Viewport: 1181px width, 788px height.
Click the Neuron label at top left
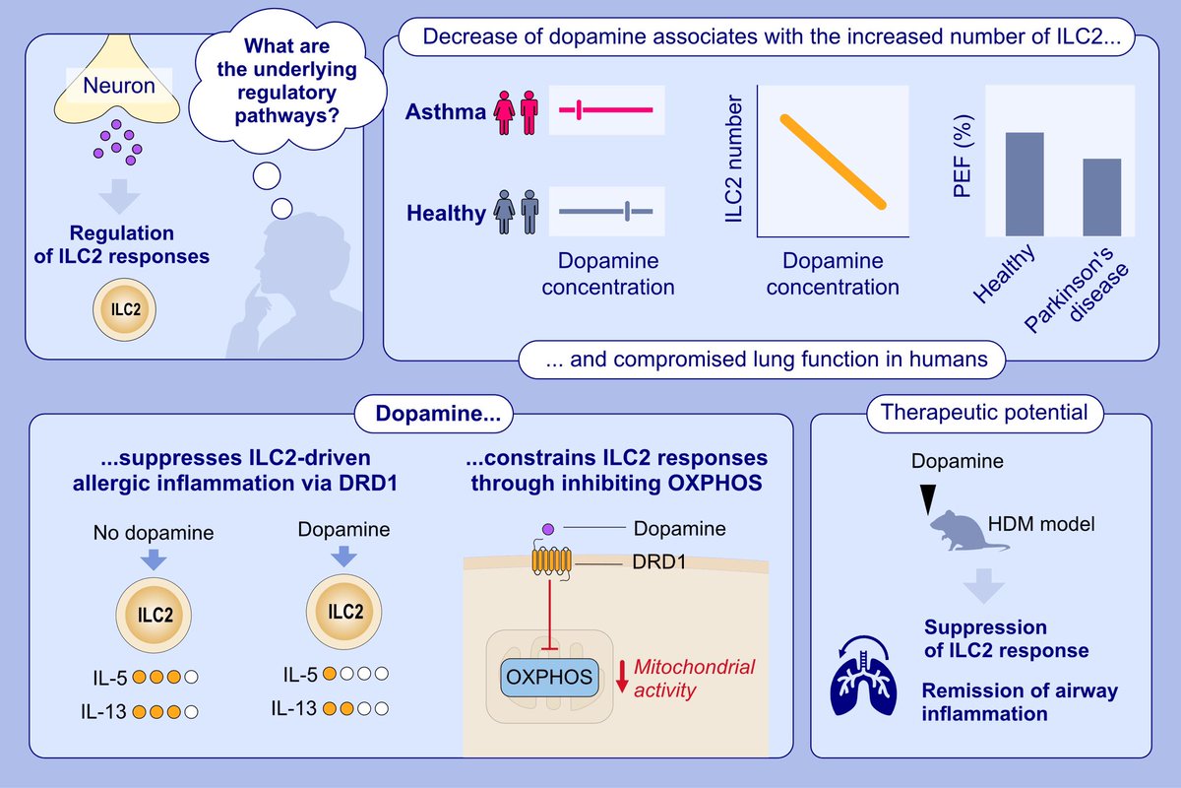tap(119, 87)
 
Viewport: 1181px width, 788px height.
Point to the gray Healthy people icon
tap(517, 211)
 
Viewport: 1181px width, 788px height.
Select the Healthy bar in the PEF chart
tap(1024, 184)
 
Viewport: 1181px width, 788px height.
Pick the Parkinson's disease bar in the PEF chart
tap(1101, 197)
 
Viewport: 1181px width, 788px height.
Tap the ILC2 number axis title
tap(733, 163)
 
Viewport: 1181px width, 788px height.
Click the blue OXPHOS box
tap(547, 678)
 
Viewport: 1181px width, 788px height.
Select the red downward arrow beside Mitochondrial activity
tap(620, 679)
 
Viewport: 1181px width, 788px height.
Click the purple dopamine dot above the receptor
tap(548, 529)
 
